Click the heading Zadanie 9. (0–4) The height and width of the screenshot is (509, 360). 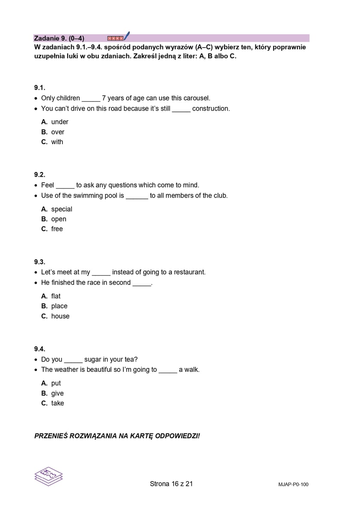point(59,38)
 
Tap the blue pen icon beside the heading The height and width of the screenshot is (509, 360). point(126,36)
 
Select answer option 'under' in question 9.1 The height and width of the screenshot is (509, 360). point(60,122)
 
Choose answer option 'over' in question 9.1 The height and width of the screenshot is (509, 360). point(57,132)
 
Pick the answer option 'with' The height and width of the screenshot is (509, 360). point(57,142)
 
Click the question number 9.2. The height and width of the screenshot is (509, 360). point(40,175)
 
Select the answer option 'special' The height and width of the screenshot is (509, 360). point(61,209)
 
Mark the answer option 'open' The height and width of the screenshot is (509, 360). point(59,219)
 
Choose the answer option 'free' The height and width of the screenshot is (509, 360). point(57,229)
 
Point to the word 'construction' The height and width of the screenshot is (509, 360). point(211,108)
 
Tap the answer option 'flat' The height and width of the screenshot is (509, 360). point(56,296)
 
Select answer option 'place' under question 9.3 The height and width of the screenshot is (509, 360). point(59,306)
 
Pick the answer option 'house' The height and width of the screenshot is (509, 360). point(60,316)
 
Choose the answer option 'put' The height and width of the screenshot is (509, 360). point(56,383)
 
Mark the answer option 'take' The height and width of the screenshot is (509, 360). point(57,403)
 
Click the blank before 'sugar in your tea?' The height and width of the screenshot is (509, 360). point(73,360)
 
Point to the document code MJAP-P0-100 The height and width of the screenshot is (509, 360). point(293,485)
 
